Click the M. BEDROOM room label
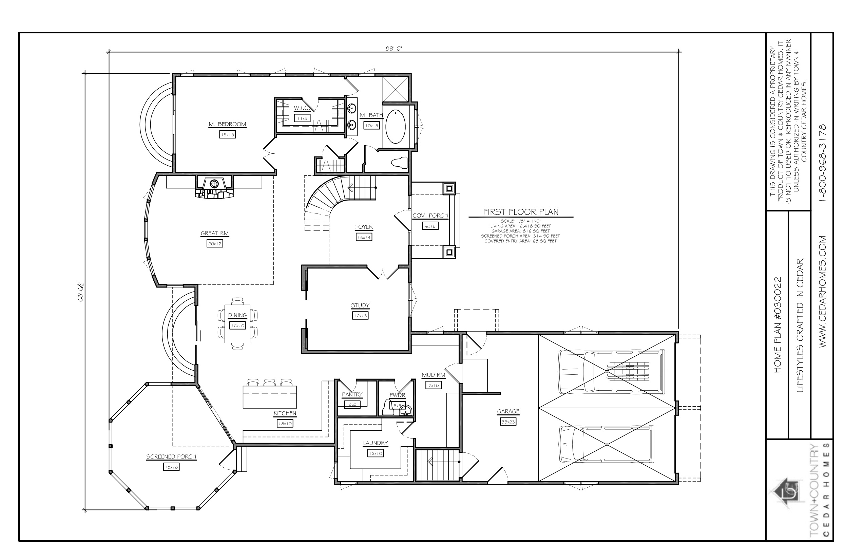pyautogui.click(x=227, y=124)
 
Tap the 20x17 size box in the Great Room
pyautogui.click(x=215, y=244)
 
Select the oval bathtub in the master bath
pyautogui.click(x=396, y=127)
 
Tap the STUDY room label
pyautogui.click(x=360, y=305)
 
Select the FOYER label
pyautogui.click(x=364, y=227)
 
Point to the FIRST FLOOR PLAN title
pyautogui.click(x=521, y=212)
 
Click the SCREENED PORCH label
pyautogui.click(x=171, y=457)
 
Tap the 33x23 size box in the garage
pyautogui.click(x=508, y=422)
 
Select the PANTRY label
pyautogui.click(x=352, y=394)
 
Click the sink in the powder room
pyautogui.click(x=405, y=411)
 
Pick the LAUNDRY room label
pyautogui.click(x=376, y=443)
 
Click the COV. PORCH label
pyautogui.click(x=430, y=216)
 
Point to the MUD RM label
pyautogui.click(x=434, y=375)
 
